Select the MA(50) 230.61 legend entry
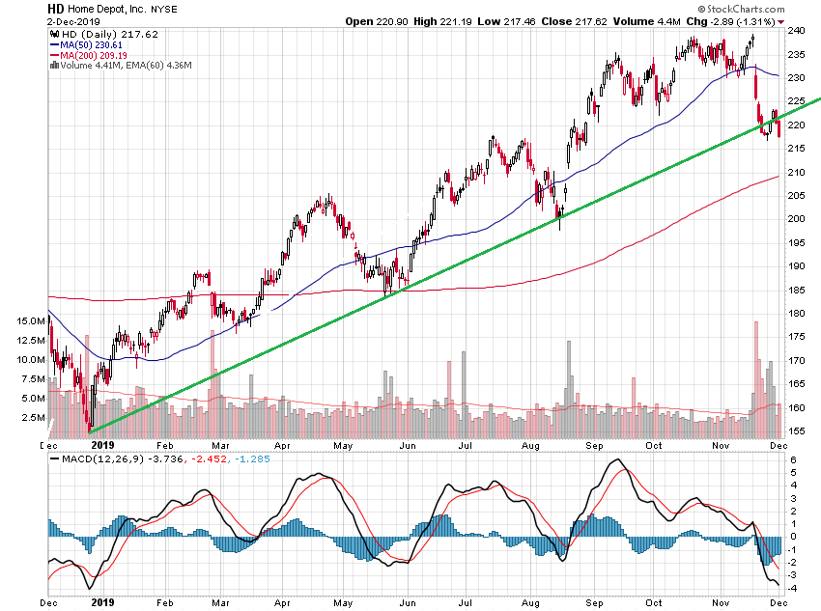point(92,44)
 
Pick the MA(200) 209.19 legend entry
point(95,55)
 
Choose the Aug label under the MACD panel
point(528,600)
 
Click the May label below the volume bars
point(343,447)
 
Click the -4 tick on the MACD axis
point(790,589)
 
